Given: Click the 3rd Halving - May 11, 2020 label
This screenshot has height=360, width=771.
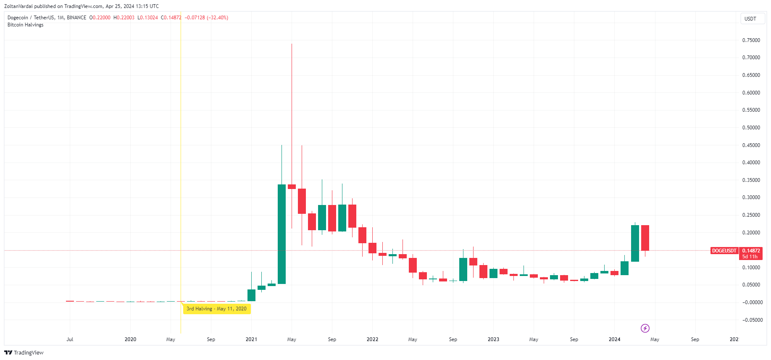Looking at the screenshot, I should point(217,309).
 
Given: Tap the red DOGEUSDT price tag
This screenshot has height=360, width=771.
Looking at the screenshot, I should point(724,251).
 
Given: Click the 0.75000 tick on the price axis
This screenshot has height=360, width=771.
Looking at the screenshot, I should point(751,40).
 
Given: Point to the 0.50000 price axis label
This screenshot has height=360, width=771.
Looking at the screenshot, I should point(751,128).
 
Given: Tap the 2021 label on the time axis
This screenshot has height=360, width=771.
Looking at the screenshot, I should point(251,339).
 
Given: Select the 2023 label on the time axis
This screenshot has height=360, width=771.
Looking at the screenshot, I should point(493,339).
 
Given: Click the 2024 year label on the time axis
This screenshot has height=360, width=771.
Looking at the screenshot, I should point(614,339).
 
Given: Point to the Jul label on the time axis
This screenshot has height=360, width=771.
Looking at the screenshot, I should point(70,339).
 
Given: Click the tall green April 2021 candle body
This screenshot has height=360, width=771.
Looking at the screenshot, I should point(282,234).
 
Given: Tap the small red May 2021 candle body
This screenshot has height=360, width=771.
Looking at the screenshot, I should point(292,187).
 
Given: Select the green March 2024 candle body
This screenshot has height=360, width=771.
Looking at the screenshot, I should point(635,243).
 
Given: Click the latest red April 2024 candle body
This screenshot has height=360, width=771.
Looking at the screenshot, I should point(645,238).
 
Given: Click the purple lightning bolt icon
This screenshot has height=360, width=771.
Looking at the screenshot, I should point(645,328).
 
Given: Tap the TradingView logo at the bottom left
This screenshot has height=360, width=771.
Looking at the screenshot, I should point(24,352).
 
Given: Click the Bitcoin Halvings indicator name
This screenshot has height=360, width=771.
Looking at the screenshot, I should point(25,25).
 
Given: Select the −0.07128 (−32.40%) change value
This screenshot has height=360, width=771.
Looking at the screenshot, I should point(206,18).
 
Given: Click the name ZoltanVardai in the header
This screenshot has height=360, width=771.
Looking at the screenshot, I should point(18,6).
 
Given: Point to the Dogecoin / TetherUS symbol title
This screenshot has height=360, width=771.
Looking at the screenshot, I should point(31,18).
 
